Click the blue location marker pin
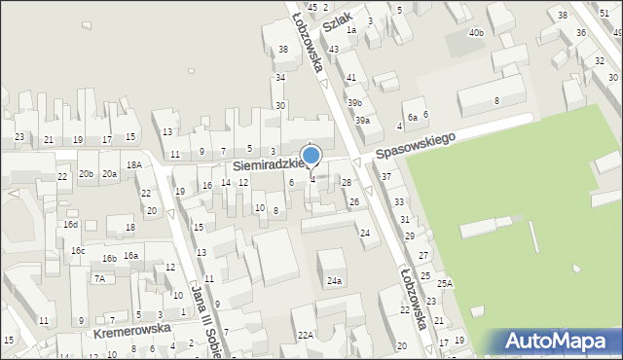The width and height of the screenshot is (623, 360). (x=311, y=157)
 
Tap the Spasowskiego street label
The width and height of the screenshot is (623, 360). (x=416, y=147)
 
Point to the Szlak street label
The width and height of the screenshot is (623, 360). (x=337, y=18)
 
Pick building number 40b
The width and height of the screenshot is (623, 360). (x=475, y=33)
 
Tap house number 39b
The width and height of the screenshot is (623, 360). (x=355, y=102)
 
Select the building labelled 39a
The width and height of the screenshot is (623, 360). (x=361, y=120)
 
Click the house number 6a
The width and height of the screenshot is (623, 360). (x=412, y=117)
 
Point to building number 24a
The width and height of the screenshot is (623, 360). (x=334, y=281)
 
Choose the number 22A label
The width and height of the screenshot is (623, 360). (x=306, y=335)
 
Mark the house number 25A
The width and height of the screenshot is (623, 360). (x=444, y=283)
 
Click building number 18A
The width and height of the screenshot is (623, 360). (x=133, y=165)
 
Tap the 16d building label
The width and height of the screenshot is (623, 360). (x=71, y=225)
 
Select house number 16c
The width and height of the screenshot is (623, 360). (x=77, y=251)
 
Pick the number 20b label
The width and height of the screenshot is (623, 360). (x=86, y=173)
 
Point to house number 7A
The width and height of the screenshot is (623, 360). (x=99, y=278)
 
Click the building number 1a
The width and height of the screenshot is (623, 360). (x=351, y=30)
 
